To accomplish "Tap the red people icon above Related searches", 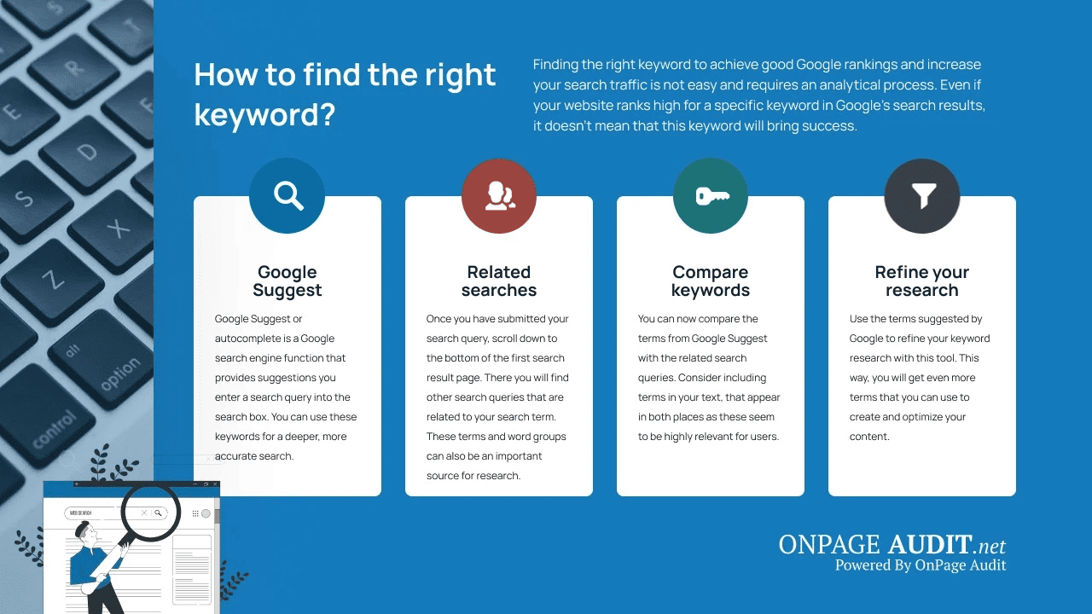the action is coord(499,195).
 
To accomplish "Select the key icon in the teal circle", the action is coord(711,195).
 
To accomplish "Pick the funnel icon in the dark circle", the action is coord(922,195).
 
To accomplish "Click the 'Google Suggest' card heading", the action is coord(288,281).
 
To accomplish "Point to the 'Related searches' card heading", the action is coord(499,281).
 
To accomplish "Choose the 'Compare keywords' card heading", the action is coord(711,281).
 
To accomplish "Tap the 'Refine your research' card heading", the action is coord(922,281).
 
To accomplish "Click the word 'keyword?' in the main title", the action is coord(264,115).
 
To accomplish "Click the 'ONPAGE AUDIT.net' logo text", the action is coord(892,544).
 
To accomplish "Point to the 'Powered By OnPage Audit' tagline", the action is coord(921,565).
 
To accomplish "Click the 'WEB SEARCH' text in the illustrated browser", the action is coord(80,513).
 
